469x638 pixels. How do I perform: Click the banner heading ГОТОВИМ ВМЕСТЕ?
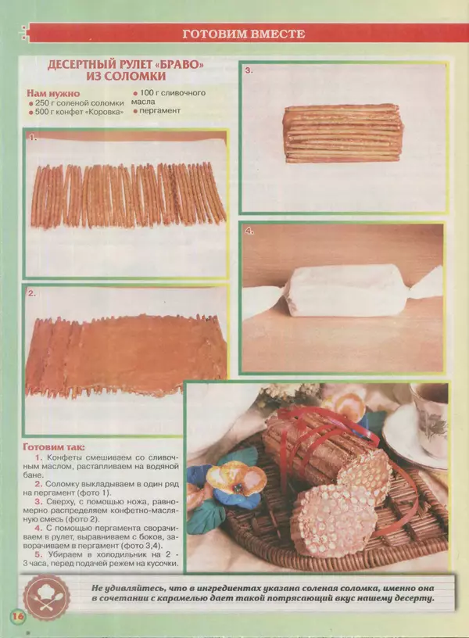click(x=244, y=34)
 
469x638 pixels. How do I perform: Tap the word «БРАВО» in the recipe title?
click(x=180, y=65)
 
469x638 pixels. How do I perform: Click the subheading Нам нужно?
click(x=53, y=94)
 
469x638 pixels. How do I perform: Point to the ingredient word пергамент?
click(x=160, y=111)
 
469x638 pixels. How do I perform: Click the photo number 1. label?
click(x=33, y=138)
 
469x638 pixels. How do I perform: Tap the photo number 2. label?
click(x=32, y=293)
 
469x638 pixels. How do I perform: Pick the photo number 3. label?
click(x=249, y=70)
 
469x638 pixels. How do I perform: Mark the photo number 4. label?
click(x=249, y=231)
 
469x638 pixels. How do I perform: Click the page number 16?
click(x=19, y=616)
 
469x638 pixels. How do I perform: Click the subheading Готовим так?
click(x=54, y=447)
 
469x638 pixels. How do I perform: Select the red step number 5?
click(x=38, y=554)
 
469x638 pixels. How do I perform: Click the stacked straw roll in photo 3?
click(x=343, y=134)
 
